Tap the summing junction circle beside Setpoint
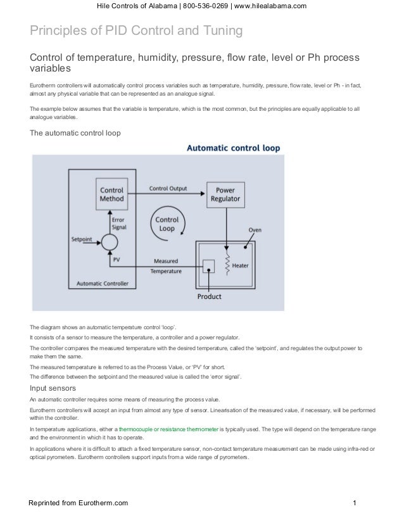coord(110,241)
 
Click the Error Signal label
coord(118,222)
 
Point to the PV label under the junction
coord(116,260)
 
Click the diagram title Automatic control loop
coord(233,148)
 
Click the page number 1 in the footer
coord(356,504)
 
